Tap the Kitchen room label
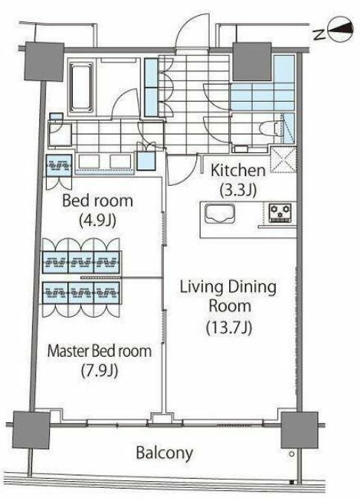238,171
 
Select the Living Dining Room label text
228,296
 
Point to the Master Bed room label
100,351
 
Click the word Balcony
164,453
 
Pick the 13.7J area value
229,327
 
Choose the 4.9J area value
97,220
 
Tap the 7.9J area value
100,370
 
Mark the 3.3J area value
238,190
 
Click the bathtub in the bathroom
81,86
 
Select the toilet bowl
271,130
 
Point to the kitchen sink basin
220,214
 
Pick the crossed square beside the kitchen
283,159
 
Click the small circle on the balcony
292,454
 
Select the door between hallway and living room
181,170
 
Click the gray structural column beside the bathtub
44,62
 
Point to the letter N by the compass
319,33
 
